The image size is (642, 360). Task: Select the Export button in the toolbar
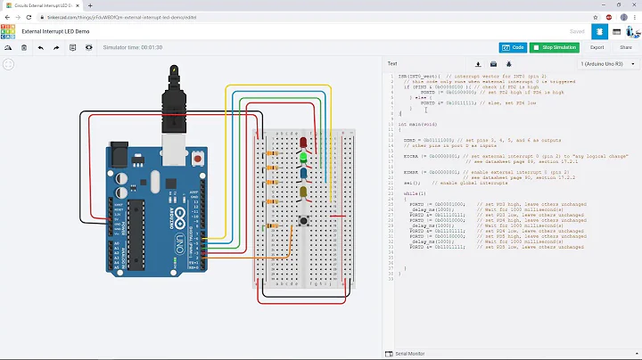pos(597,47)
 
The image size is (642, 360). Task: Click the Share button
pos(625,47)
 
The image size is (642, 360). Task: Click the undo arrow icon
pos(41,48)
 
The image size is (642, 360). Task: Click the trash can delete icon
pos(23,48)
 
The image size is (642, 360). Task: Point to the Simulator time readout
pos(132,47)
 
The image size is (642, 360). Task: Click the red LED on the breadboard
pos(304,143)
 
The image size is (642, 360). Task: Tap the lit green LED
pos(304,159)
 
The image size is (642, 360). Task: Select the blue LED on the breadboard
pos(304,175)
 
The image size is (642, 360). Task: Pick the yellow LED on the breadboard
pos(304,192)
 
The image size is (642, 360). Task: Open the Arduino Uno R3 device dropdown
pos(606,64)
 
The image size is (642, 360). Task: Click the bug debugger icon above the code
pos(509,64)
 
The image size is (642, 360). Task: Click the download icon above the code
pos(478,64)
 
